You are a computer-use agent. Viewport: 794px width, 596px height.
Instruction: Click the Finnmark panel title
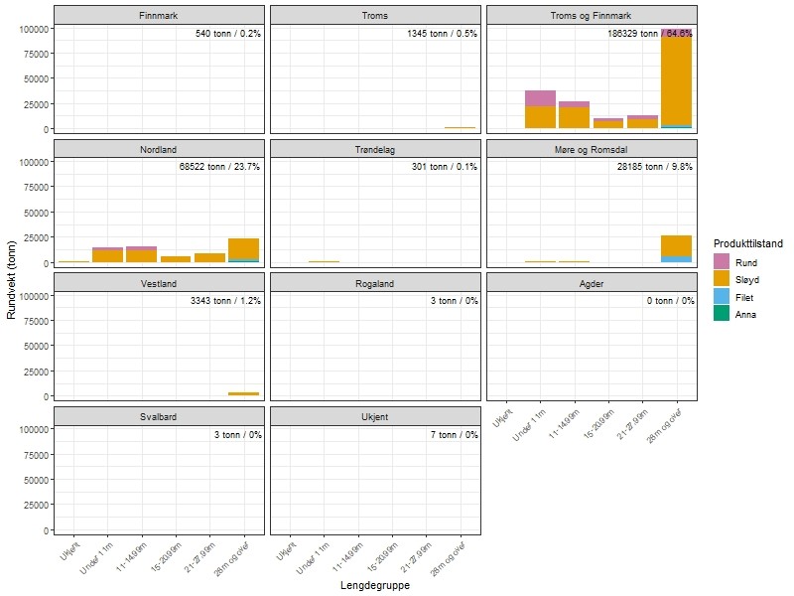coord(159,15)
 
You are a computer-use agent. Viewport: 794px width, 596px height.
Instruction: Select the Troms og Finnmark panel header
coord(590,15)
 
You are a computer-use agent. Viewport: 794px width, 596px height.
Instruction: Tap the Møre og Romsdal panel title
coord(590,150)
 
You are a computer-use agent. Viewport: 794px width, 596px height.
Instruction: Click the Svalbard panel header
coord(159,416)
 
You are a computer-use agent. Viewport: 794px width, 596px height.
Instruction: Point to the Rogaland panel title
coord(374,283)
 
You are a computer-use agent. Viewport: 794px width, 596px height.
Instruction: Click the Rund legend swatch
coord(722,262)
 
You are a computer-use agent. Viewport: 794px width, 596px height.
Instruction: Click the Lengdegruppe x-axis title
coord(374,586)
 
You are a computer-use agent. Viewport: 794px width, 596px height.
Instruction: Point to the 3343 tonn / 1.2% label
coord(225,300)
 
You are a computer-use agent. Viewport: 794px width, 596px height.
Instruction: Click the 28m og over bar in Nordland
coord(243,249)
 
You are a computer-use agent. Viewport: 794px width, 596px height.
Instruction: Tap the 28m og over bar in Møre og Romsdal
coord(676,246)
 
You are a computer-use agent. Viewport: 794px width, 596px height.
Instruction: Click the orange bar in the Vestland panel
coord(243,393)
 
